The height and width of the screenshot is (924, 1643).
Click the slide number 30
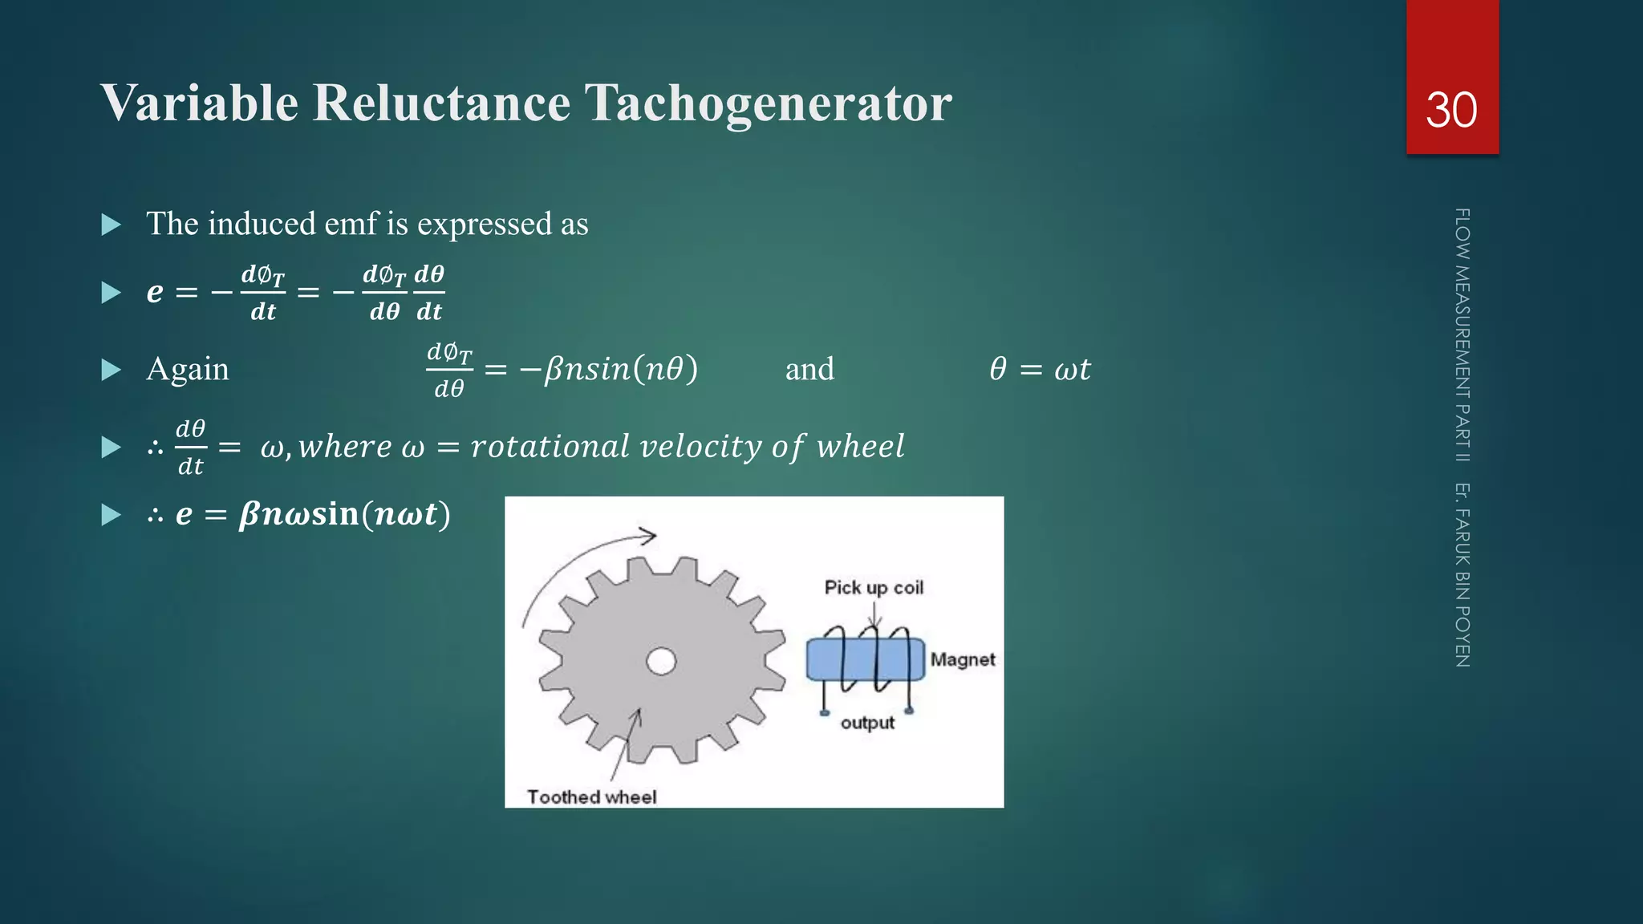click(1451, 110)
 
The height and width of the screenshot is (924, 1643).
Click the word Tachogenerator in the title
click(768, 103)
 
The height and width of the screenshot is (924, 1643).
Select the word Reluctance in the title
click(441, 103)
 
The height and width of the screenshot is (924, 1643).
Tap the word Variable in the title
click(200, 103)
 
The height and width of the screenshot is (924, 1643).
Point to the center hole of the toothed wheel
click(661, 662)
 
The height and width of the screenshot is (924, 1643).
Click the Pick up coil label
click(874, 588)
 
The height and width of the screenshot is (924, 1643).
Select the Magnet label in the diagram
click(963, 659)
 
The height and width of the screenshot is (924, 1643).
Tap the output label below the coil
click(867, 723)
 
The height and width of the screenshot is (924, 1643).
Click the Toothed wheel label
click(591, 796)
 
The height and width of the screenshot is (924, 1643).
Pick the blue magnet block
click(865, 659)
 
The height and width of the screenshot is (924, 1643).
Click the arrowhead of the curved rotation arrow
click(648, 535)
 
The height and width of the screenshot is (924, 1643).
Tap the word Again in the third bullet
click(188, 370)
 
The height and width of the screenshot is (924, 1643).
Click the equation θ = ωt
click(1040, 370)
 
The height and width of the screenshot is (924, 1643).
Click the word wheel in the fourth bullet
click(860, 447)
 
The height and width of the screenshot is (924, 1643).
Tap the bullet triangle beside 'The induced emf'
click(112, 225)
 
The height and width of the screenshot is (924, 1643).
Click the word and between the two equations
click(809, 370)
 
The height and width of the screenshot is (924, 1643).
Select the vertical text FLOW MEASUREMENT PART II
click(1462, 334)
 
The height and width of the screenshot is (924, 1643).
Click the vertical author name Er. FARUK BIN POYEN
click(1462, 574)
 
